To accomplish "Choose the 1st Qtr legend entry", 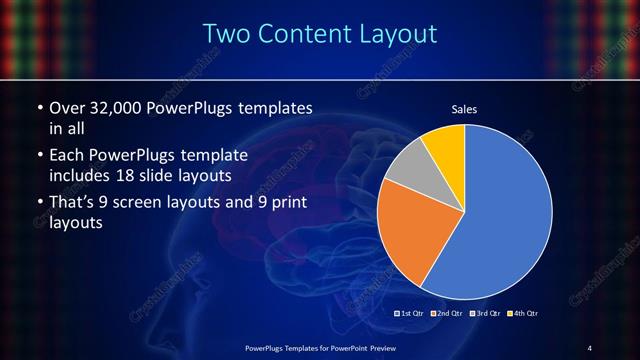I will pyautogui.click(x=412, y=314).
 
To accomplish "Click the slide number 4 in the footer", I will pyautogui.click(x=590, y=347).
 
